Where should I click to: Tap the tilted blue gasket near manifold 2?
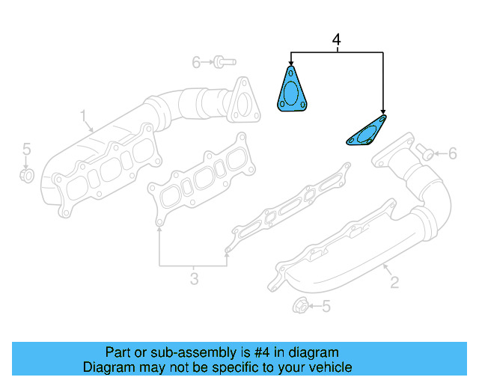[x=366, y=132]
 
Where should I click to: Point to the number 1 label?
[x=84, y=115]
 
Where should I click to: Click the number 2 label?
[x=394, y=281]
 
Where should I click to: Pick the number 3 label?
[x=194, y=279]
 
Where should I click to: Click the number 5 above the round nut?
[x=25, y=148]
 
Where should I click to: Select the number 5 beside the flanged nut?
[x=326, y=306]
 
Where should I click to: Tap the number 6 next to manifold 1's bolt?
[x=196, y=62]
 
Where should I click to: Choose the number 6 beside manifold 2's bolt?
[x=451, y=153]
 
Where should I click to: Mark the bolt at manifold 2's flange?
[x=425, y=153]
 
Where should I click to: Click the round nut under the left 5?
[x=25, y=176]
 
